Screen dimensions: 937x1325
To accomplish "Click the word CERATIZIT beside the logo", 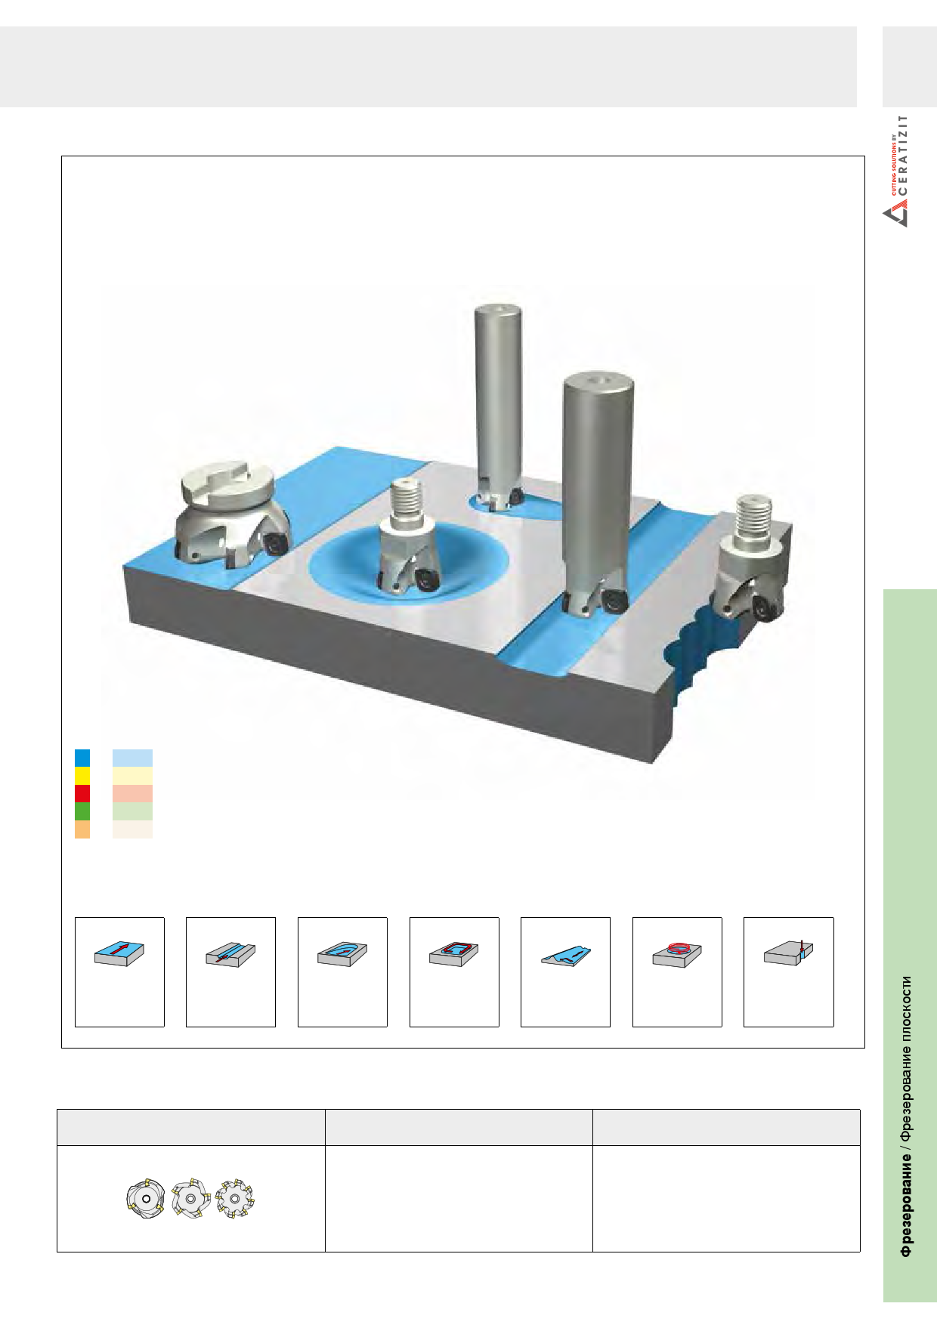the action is pos(903,155).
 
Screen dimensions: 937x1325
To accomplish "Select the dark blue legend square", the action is pos(82,758).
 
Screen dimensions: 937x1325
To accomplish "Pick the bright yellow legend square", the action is pos(82,776).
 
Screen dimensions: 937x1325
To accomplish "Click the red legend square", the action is pos(82,793).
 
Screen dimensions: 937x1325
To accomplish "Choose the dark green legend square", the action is pos(82,811).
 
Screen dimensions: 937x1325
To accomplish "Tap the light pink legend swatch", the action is pos(132,793).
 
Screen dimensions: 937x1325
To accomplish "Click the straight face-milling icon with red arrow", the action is pos(119,953).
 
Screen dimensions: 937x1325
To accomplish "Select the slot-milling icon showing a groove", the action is pos(230,955).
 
